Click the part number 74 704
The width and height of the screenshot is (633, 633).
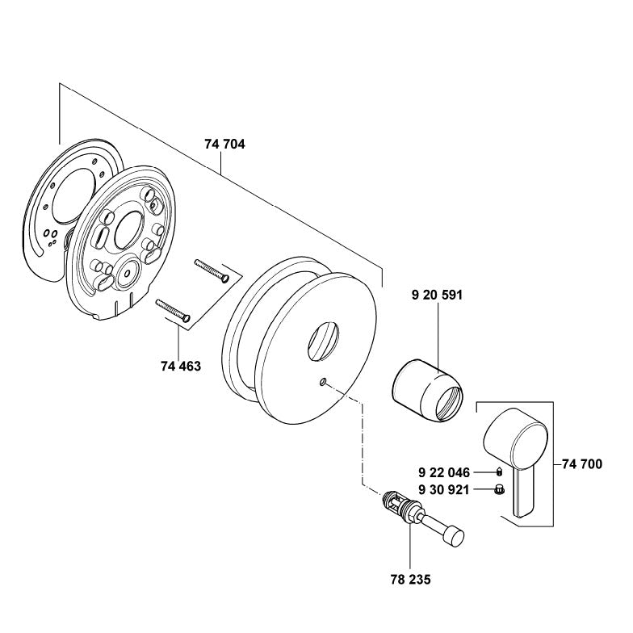coord(224,144)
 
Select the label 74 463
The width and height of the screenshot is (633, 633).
coord(181,367)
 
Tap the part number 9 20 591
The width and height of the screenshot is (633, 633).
coord(438,296)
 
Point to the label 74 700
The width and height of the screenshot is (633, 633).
coord(581,464)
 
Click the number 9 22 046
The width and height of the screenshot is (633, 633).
coord(444,472)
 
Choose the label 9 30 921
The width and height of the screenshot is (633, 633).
coord(444,490)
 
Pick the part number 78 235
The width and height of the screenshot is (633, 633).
coord(411,580)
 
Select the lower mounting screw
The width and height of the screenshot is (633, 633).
coord(173,310)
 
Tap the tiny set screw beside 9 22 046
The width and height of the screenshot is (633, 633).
coord(499,472)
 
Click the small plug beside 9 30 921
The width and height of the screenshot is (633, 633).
coord(499,489)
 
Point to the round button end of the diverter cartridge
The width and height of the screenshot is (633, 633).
coord(454,536)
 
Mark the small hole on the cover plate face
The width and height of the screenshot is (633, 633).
coord(323,381)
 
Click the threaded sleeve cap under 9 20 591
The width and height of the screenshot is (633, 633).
coord(428,389)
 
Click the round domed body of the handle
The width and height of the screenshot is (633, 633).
coord(516,439)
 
